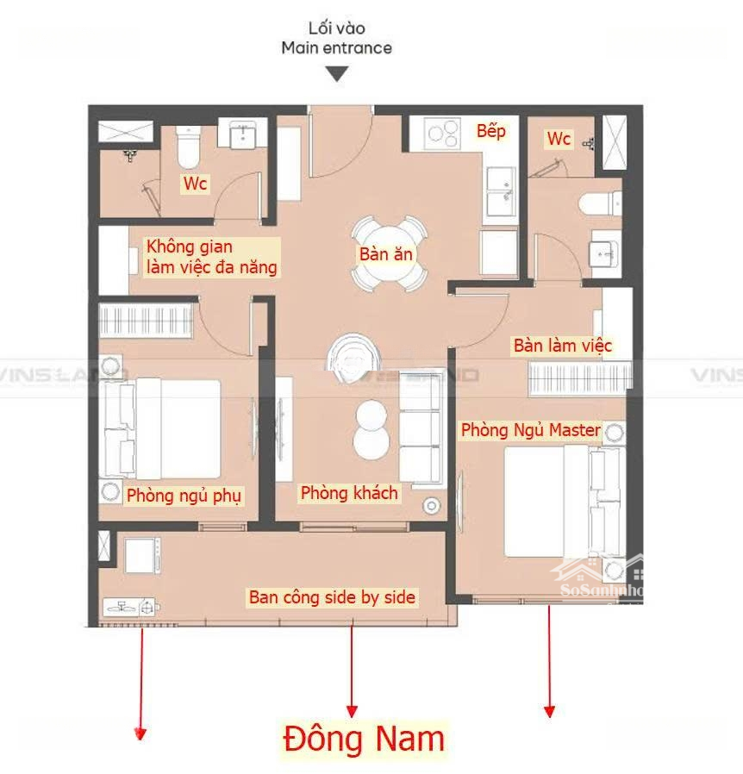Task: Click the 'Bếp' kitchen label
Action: tap(490, 131)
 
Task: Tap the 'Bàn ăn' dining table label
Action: tap(385, 254)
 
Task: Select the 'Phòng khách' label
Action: tap(349, 493)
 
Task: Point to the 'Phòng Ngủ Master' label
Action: tap(531, 430)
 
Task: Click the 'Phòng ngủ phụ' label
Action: tap(184, 496)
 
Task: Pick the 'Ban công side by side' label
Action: tap(332, 597)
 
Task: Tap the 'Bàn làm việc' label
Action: tap(563, 346)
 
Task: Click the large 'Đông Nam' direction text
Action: tap(364, 739)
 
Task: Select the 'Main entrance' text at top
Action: tap(337, 48)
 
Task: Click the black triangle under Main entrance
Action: tap(337, 74)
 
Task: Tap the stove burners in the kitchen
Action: tap(443, 134)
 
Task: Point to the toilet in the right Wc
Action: tap(600, 204)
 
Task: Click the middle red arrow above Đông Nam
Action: tap(352, 666)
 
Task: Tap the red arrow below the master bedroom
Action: tap(549, 661)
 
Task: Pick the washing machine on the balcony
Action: tap(142, 555)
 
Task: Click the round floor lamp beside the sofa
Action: tap(432, 505)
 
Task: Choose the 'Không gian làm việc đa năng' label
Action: tap(211, 257)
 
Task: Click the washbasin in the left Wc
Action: tap(242, 134)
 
